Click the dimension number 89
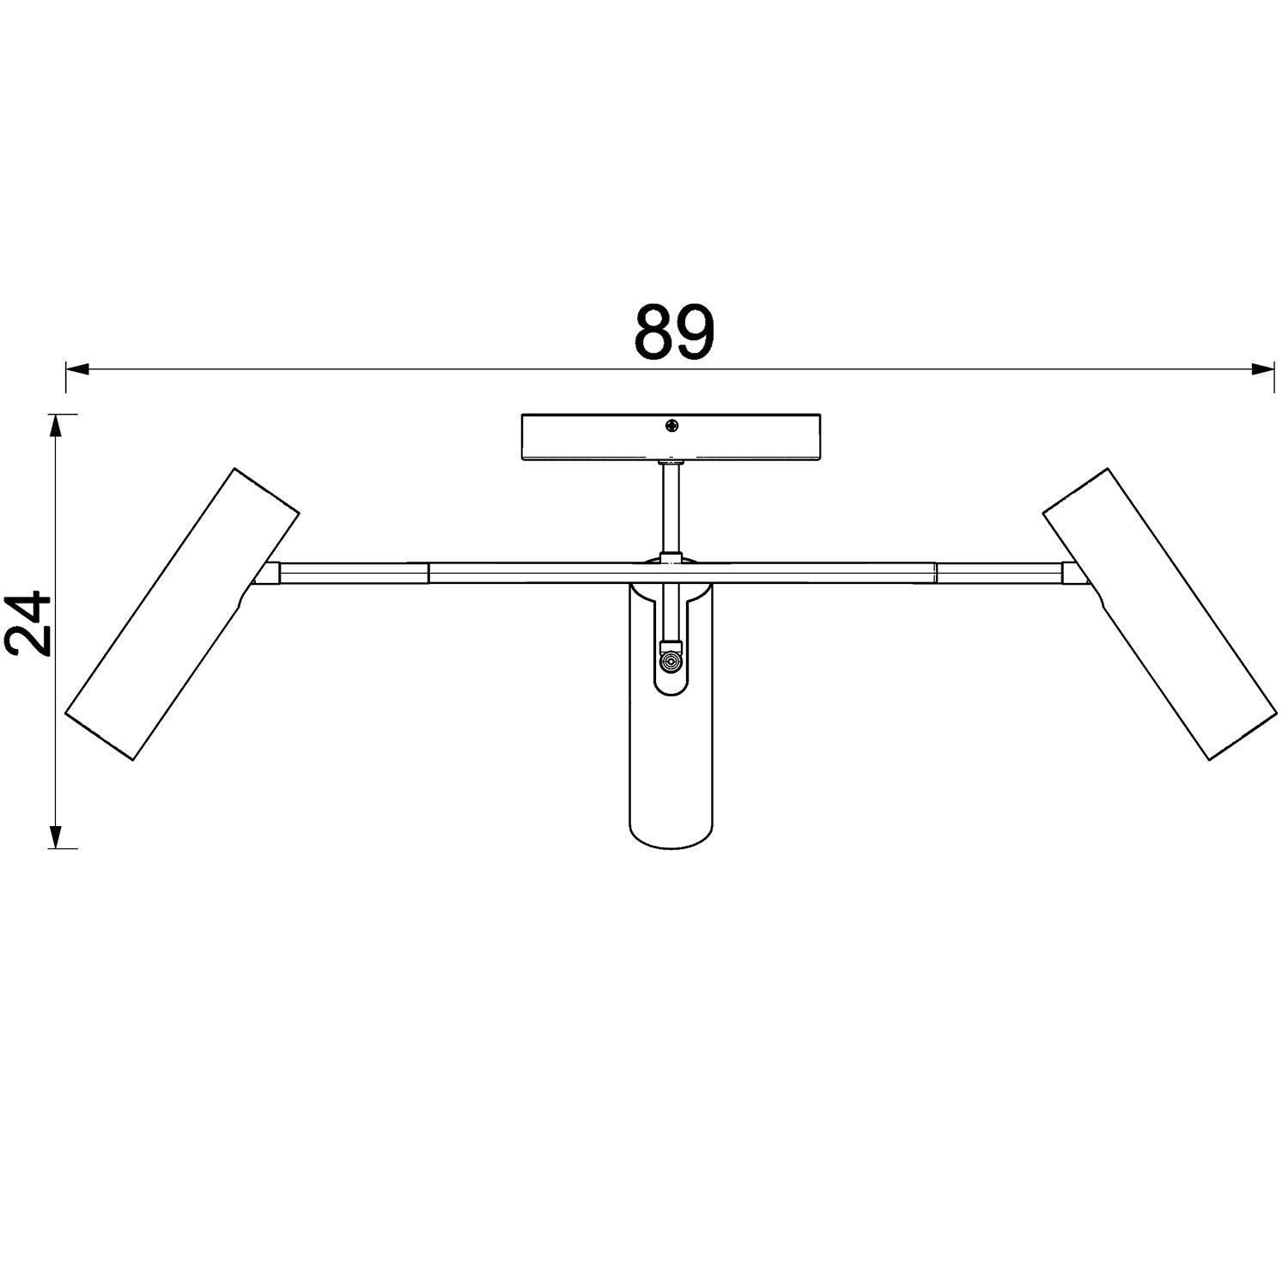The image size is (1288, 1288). (674, 332)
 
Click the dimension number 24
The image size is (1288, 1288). (28, 623)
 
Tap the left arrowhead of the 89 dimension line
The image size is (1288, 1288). (78, 370)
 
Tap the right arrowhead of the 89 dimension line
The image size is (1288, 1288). (1261, 370)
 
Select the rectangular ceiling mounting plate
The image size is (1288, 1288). (672, 437)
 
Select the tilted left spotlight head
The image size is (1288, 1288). (182, 614)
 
